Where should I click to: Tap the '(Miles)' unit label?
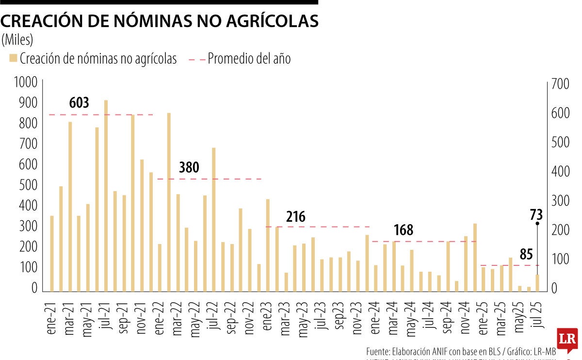tap(17, 39)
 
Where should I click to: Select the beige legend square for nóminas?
tap(13, 59)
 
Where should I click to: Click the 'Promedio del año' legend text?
tap(249, 59)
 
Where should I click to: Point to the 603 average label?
tap(79, 103)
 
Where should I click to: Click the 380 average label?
tap(189, 167)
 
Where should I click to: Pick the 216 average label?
tap(296, 216)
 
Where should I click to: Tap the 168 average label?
tap(404, 230)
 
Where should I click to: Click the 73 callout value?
tap(536, 214)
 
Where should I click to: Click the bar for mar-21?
tap(70, 206)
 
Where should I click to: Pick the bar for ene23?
tap(268, 245)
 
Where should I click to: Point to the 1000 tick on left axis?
tap(26, 82)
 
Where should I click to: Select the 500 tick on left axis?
tap(28, 185)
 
